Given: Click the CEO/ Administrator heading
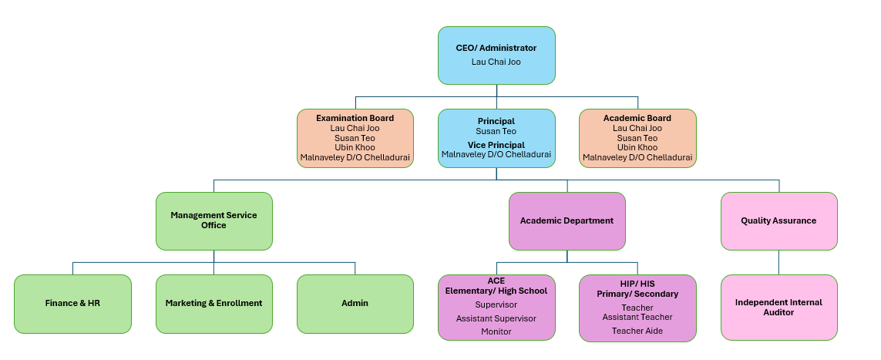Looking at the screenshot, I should coord(496,48).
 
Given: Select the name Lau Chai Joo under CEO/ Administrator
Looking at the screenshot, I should coord(496,61).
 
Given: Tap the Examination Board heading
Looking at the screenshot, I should coord(355,118).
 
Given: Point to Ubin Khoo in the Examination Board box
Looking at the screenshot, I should coord(355,147).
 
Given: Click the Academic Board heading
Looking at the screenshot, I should coord(637,118).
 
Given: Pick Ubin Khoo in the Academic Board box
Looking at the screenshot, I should coord(637,147).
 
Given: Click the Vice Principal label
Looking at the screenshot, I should coord(496,145).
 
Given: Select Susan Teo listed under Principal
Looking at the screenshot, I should coord(496,131).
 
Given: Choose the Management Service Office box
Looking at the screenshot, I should coord(214,220).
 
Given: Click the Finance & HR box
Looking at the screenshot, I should coord(72,303).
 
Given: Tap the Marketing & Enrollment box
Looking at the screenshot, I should coord(214,303).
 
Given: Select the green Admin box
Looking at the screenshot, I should coord(355,303).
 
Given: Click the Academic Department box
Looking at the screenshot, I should coord(567,220).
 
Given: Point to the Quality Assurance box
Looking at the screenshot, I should coord(778,220).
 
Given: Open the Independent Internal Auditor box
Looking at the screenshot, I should coord(778,307).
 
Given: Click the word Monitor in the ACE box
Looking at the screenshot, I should coord(496,331).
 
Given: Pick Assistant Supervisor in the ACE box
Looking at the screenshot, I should coord(496,318).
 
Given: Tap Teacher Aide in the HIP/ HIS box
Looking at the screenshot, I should coord(637,331).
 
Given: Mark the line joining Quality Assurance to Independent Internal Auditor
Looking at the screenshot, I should coord(778,262).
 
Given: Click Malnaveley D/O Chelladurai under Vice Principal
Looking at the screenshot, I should coord(496,155).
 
